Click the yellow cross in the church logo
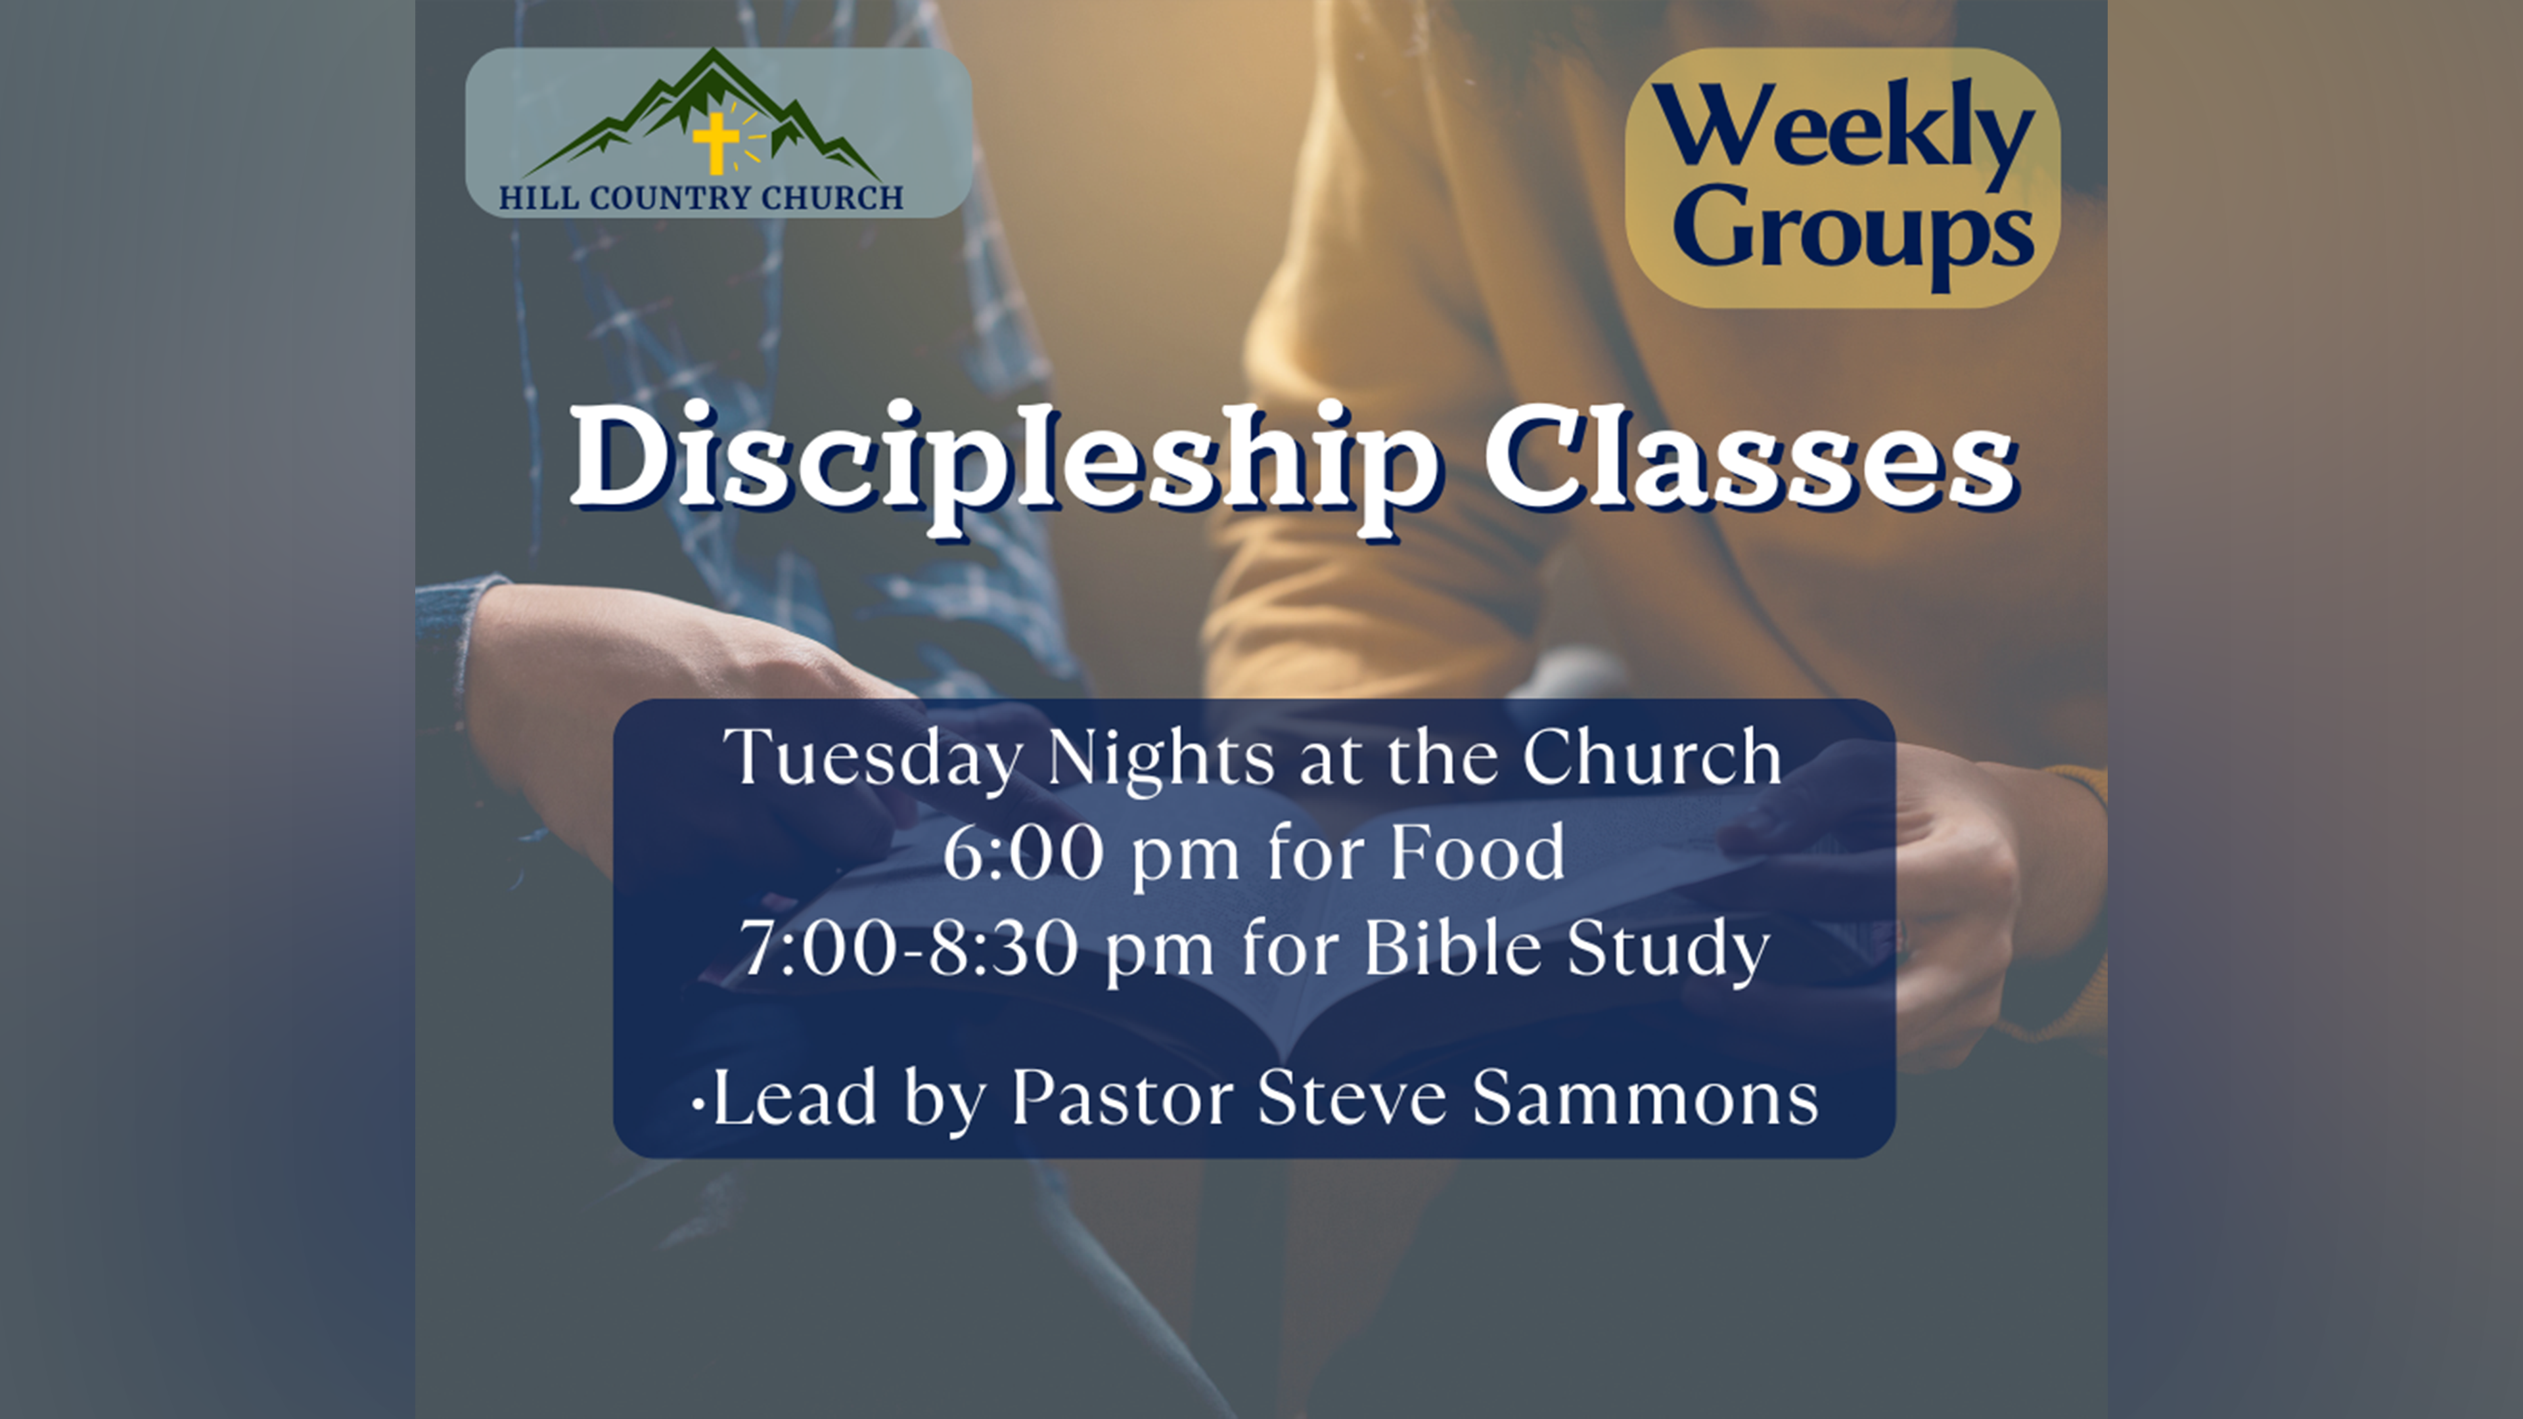point(716,143)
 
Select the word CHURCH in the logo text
point(832,199)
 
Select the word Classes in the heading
point(1750,457)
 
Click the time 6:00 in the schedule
point(1024,852)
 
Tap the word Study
point(1669,949)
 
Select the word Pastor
point(1122,1098)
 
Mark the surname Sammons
point(1645,1098)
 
